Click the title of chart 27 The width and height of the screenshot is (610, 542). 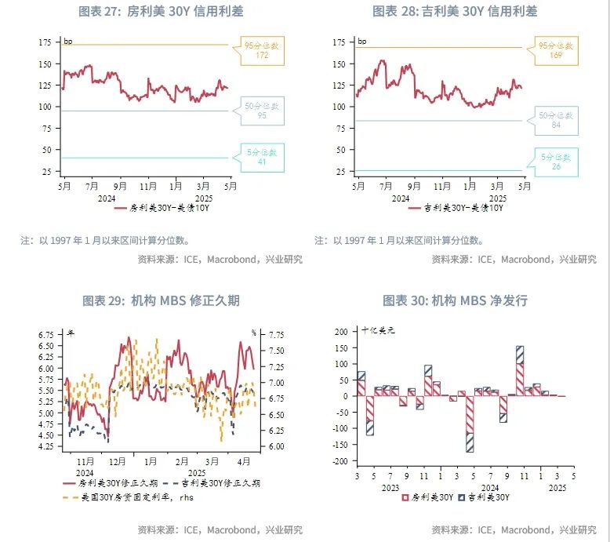[x=161, y=12]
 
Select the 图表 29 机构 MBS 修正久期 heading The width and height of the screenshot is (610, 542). [x=161, y=300]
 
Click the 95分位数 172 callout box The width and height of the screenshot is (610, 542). [x=261, y=51]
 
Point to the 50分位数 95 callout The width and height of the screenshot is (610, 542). [x=261, y=110]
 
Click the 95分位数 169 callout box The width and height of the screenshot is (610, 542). [x=556, y=51]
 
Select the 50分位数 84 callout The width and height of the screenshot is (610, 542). [x=556, y=120]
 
